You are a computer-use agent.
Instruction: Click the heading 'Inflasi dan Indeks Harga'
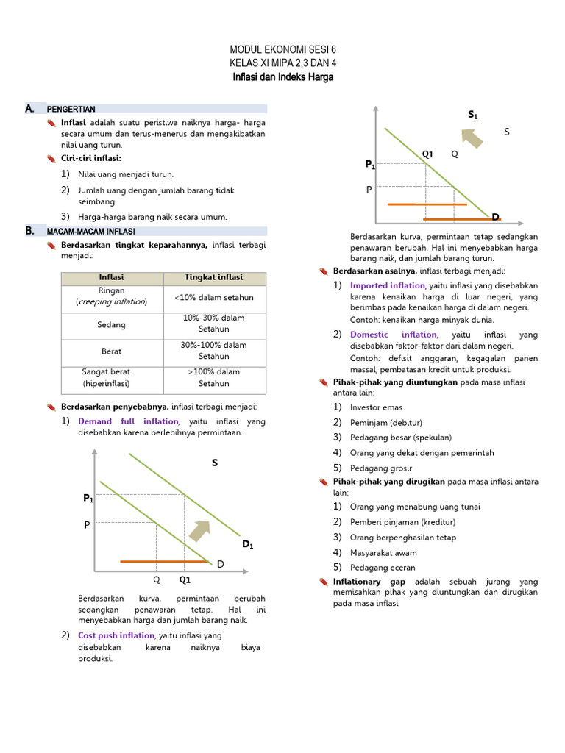click(282, 77)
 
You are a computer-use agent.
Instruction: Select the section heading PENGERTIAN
click(71, 110)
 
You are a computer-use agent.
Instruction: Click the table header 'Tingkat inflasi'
click(213, 278)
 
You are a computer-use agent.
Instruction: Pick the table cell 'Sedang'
click(111, 324)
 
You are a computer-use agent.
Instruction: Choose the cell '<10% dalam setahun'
click(213, 297)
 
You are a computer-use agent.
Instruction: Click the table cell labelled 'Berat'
click(111, 351)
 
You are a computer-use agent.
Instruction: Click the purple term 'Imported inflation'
click(387, 285)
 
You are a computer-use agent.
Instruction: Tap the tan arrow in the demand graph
click(200, 528)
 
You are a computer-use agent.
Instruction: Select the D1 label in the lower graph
click(248, 545)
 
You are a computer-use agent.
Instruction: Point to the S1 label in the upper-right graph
click(473, 115)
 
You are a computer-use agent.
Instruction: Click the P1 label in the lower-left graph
click(88, 499)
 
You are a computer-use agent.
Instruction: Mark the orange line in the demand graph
click(163, 561)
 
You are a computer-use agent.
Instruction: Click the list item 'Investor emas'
click(376, 407)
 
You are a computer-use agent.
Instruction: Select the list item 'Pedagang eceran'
click(383, 568)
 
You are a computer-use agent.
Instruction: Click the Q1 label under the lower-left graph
click(185, 579)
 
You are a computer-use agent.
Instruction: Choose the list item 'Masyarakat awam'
click(383, 553)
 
